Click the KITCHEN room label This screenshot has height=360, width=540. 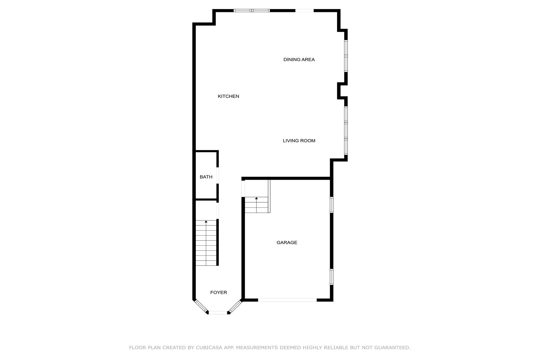point(228,96)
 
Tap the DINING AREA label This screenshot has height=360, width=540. point(299,60)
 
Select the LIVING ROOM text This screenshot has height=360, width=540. point(299,141)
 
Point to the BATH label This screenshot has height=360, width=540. point(206,177)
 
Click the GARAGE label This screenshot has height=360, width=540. point(287,242)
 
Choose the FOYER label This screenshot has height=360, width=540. point(219,292)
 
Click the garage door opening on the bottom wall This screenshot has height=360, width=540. point(287,300)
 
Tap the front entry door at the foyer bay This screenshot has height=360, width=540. point(218,313)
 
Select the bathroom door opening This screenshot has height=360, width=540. point(218,175)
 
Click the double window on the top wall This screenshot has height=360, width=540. point(252,11)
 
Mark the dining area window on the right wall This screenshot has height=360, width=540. point(346,56)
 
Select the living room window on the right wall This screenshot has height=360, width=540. point(346,131)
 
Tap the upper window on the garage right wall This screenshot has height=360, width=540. point(332,205)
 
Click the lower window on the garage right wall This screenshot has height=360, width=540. point(332,277)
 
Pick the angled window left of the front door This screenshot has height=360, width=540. point(201,306)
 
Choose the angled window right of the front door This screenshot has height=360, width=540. point(235,306)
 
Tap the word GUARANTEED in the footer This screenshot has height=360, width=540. point(392,348)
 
